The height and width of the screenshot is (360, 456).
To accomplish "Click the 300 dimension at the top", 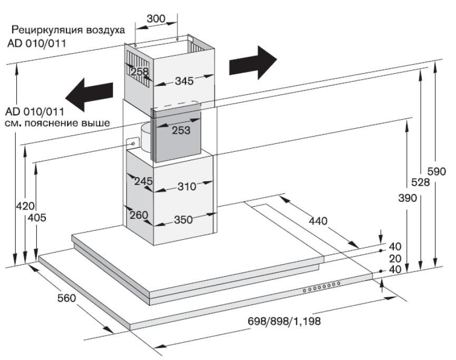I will click(156, 18).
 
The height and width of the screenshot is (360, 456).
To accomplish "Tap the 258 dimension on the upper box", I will click(140, 72).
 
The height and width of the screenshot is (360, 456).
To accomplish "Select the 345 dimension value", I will click(184, 81).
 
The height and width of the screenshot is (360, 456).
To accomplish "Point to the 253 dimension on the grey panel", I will click(181, 130).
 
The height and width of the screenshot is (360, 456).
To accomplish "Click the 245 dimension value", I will click(143, 181).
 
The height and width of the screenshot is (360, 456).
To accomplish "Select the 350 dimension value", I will click(184, 220).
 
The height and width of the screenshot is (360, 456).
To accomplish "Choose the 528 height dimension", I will click(420, 182).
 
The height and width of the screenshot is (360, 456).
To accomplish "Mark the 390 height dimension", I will click(407, 198).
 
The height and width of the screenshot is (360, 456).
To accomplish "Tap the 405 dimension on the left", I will click(36, 217).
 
